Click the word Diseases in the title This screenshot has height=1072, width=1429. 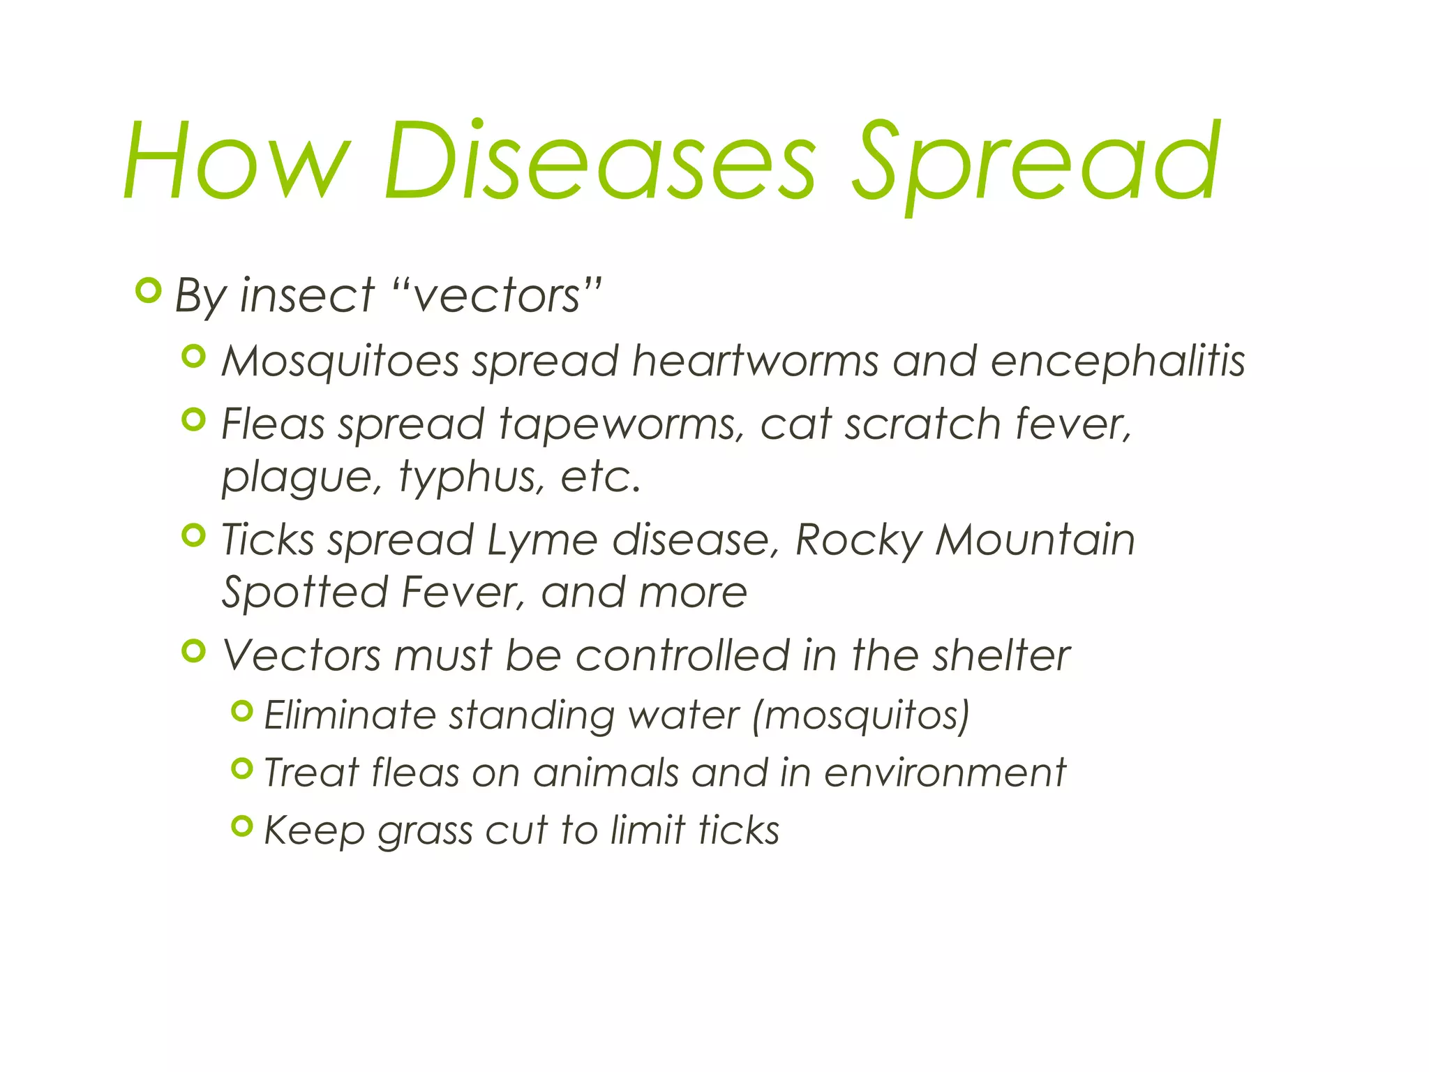tap(599, 162)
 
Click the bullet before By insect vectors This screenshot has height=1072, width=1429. tap(148, 290)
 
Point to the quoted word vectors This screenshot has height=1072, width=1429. tap(497, 296)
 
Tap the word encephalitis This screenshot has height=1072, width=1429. tap(1118, 362)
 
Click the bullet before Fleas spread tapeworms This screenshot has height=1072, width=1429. tap(193, 419)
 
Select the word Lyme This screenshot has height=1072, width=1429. tap(542, 540)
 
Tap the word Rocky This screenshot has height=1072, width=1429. tap(858, 540)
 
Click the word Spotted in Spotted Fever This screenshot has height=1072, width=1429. tap(304, 593)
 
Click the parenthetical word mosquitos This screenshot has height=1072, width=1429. tap(862, 715)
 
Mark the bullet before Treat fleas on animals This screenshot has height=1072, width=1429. tap(241, 768)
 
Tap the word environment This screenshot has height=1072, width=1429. tap(945, 773)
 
